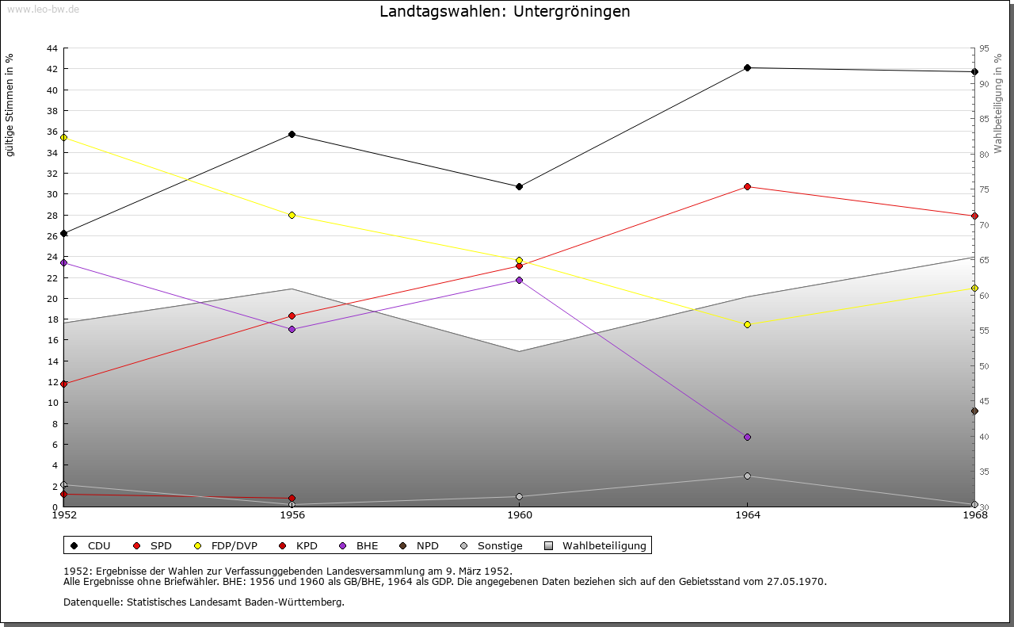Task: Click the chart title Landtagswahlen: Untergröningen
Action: [x=505, y=12]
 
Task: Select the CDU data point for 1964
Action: [x=747, y=68]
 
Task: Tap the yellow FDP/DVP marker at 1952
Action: [x=64, y=138]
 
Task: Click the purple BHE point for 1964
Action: [x=747, y=438]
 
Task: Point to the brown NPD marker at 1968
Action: [x=974, y=411]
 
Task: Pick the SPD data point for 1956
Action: [x=292, y=316]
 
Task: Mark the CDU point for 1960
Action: [x=520, y=187]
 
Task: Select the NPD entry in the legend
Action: [x=419, y=546]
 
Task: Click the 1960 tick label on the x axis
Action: [x=520, y=516]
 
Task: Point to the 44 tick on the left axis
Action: [x=51, y=48]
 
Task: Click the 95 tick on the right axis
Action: [x=984, y=48]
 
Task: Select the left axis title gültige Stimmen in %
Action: [x=10, y=105]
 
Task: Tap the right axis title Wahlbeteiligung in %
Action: [x=998, y=104]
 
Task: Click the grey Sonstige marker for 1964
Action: [x=747, y=476]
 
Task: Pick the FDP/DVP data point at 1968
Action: [x=974, y=289]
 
